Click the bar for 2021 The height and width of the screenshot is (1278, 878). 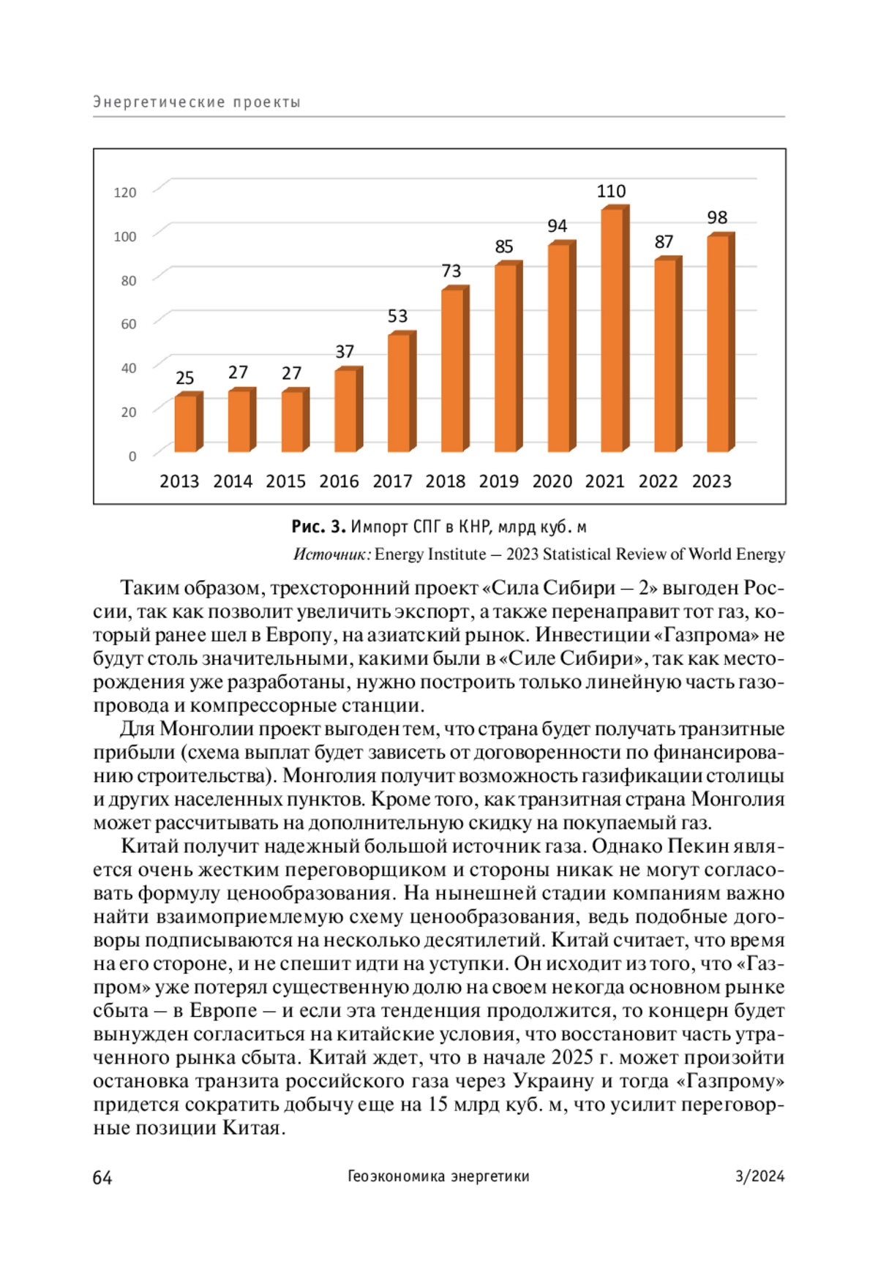pyautogui.click(x=612, y=331)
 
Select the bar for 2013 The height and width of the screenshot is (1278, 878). pyautogui.click(x=185, y=424)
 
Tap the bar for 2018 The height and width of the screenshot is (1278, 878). pyautogui.click(x=452, y=371)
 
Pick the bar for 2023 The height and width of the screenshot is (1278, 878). pyautogui.click(x=718, y=344)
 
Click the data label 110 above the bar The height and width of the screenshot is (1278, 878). pyautogui.click(x=611, y=192)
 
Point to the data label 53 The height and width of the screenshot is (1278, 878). pyautogui.click(x=397, y=316)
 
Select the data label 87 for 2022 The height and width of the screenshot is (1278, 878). pyautogui.click(x=664, y=242)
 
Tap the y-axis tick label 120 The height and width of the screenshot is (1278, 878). pyautogui.click(x=125, y=192)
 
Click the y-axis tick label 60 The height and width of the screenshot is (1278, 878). pyautogui.click(x=129, y=324)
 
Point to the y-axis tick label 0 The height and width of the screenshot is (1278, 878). pyautogui.click(x=132, y=456)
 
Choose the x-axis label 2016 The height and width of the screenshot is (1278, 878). pyautogui.click(x=339, y=481)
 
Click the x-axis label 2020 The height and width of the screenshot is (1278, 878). pyautogui.click(x=552, y=481)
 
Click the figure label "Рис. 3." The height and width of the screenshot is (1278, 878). pyautogui.click(x=318, y=527)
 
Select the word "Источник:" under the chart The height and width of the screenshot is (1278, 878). pyautogui.click(x=332, y=555)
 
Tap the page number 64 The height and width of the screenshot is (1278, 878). pyautogui.click(x=102, y=1177)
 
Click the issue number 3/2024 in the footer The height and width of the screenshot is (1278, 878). pyautogui.click(x=759, y=1176)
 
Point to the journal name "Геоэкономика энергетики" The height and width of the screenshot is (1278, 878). pyautogui.click(x=438, y=1176)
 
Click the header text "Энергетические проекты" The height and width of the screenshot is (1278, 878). pyautogui.click(x=197, y=102)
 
